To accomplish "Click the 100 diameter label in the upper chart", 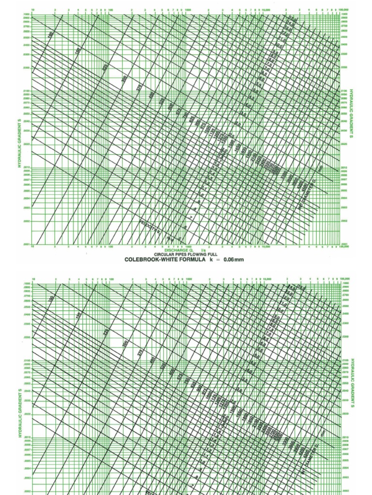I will click(x=50, y=35).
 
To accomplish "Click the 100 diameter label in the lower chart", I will click(x=51, y=300).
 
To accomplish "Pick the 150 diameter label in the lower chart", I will click(x=78, y=316).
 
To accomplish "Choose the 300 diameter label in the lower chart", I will click(x=125, y=344).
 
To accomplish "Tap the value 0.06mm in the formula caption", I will click(x=229, y=260).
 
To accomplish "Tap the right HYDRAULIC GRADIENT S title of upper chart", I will click(x=352, y=113).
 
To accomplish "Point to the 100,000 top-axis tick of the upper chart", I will click(x=343, y=9).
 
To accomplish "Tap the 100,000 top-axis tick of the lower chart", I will click(x=344, y=279).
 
